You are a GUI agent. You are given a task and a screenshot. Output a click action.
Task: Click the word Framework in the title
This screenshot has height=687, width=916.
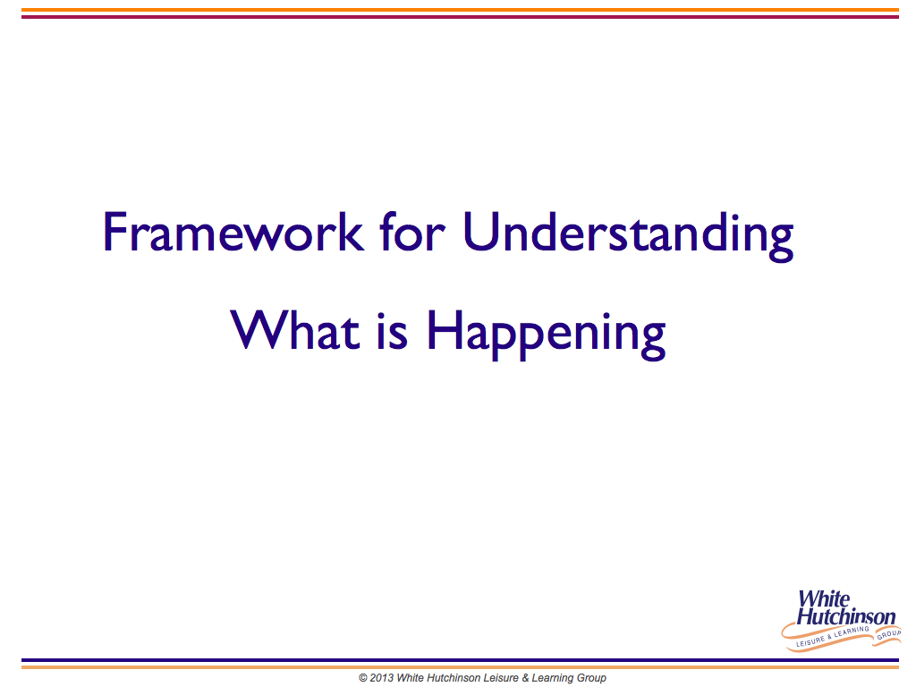(x=233, y=233)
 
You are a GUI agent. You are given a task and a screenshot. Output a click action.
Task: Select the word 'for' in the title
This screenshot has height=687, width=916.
(x=411, y=232)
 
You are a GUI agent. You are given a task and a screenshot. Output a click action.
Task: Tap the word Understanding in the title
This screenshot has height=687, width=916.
(x=628, y=236)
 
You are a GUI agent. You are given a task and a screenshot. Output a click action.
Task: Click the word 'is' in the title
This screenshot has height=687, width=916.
(x=392, y=331)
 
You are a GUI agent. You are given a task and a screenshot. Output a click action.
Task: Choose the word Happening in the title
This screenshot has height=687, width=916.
(x=547, y=335)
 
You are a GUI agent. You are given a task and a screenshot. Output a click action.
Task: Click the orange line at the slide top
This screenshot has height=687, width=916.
(x=460, y=10)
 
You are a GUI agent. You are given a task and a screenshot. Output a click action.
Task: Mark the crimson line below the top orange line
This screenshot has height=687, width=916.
(x=460, y=16)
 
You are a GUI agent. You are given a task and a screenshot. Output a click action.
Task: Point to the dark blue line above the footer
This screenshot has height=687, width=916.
(x=460, y=660)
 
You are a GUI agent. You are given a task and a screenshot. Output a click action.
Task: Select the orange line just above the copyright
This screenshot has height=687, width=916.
(x=460, y=666)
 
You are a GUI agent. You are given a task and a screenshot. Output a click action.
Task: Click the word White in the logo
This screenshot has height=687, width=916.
(x=824, y=599)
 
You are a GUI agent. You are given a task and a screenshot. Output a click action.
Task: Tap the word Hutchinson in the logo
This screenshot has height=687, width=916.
(x=846, y=616)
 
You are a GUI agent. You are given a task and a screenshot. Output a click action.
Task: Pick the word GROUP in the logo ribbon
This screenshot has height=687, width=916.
(x=889, y=634)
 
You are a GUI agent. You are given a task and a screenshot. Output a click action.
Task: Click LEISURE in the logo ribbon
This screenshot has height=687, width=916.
(x=810, y=641)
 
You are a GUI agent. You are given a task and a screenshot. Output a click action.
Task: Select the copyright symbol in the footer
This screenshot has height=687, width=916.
(x=363, y=678)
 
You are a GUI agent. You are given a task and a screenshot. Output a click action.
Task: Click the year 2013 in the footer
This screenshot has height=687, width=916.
(x=381, y=678)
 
